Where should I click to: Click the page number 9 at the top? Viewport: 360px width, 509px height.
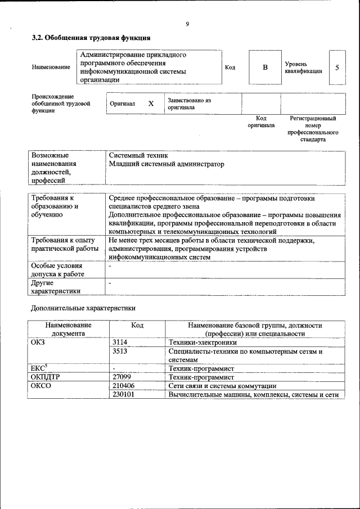click(187, 24)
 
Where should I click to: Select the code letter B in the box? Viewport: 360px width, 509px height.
click(265, 67)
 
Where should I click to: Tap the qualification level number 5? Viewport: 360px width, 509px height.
click(337, 67)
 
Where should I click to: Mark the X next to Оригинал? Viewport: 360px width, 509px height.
click(151, 104)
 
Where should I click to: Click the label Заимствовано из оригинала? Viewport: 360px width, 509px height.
click(189, 103)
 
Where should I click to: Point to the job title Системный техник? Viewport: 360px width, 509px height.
click(138, 155)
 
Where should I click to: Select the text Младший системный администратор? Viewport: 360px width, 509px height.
click(166, 164)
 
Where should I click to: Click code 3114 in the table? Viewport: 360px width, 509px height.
click(120, 342)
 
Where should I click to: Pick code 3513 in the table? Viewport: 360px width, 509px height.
click(120, 352)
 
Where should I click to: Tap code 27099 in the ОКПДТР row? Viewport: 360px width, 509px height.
click(121, 377)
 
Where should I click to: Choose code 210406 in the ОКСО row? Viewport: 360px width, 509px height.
click(124, 386)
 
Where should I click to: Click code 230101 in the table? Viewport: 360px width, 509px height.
click(124, 395)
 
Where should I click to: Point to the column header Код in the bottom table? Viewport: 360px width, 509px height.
click(137, 325)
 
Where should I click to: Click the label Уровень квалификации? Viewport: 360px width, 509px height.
click(303, 67)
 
